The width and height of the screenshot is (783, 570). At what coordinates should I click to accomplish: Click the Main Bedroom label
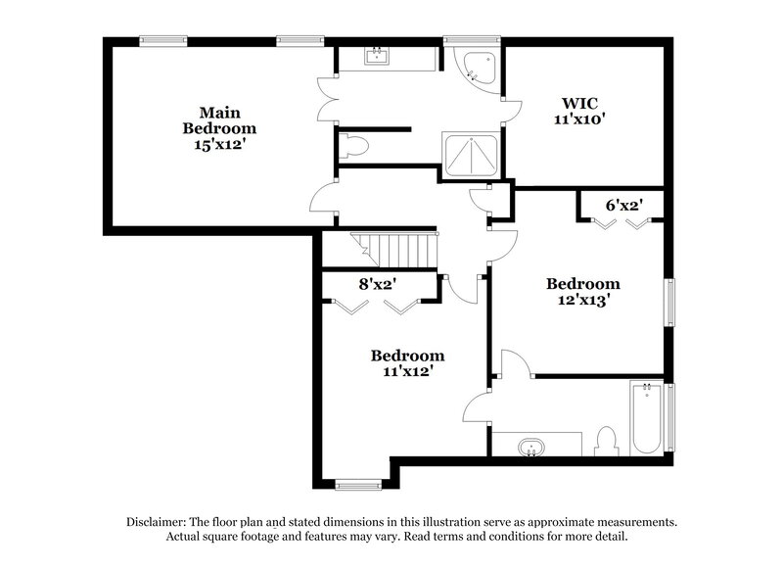pos(220,119)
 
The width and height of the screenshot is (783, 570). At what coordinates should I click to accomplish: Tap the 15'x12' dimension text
pos(220,143)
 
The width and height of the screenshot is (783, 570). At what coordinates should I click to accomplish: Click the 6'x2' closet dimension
pos(622,206)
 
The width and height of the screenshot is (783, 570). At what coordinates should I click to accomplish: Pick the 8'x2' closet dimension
pos(376,285)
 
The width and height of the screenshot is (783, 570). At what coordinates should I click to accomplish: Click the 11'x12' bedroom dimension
pos(407,371)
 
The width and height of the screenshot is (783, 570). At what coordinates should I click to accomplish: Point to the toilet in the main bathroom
pos(354,148)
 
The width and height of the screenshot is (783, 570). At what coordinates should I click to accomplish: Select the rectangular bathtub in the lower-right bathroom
pos(646,418)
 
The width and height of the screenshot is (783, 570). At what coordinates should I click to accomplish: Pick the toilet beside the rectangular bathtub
pos(605,441)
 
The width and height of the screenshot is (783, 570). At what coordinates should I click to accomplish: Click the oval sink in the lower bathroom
pos(531,448)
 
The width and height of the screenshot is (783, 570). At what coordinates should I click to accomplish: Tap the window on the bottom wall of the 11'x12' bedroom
pos(358,483)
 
